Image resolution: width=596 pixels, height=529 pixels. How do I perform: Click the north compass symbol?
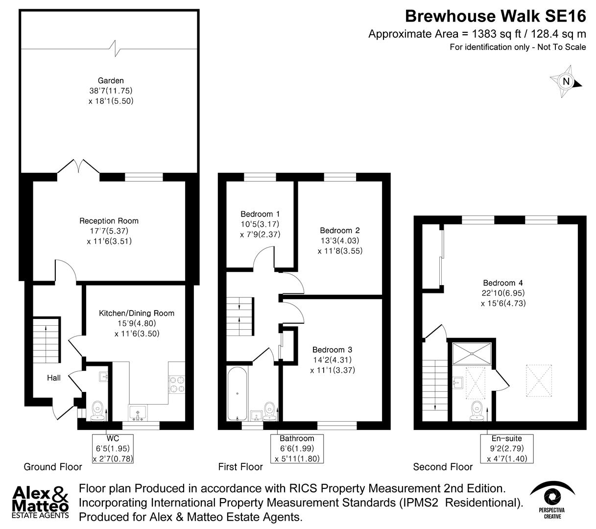pos(566,82)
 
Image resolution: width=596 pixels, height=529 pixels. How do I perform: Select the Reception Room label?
pos(109,221)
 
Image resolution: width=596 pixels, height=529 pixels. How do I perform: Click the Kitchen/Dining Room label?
pos(137,313)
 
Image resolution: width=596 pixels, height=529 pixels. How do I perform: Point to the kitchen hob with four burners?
pos(177,384)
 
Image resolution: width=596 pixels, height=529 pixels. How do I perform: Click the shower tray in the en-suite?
pos(471,353)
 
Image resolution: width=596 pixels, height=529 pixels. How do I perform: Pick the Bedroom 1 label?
pos(260,214)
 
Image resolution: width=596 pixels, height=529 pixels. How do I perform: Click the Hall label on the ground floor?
pos(54,378)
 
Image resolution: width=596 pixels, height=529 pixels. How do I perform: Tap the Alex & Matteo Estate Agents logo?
pos(41,502)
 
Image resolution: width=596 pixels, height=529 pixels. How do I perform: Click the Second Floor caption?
pos(443,467)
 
